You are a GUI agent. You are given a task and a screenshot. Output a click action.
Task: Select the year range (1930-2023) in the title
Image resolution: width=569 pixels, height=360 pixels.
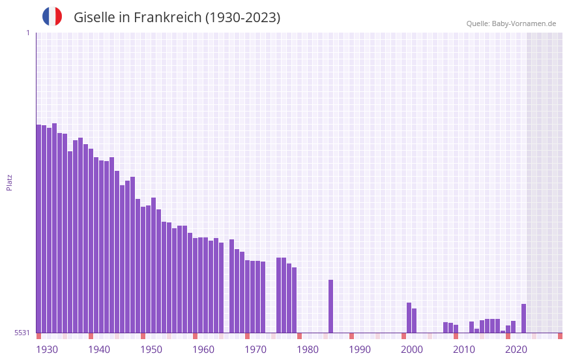click(242, 18)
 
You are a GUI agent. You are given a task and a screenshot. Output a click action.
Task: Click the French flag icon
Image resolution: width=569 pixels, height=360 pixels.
click(52, 16)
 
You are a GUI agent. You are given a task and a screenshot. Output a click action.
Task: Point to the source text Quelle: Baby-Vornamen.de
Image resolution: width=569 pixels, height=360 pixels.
click(511, 23)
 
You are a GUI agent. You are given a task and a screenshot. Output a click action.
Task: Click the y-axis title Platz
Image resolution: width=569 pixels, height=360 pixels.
click(9, 182)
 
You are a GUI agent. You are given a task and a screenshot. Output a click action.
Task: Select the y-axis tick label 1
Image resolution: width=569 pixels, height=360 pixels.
click(27, 33)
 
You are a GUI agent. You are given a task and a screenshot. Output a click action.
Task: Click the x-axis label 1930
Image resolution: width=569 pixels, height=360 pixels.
click(47, 350)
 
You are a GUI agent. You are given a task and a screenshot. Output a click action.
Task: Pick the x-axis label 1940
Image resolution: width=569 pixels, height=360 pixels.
click(99, 350)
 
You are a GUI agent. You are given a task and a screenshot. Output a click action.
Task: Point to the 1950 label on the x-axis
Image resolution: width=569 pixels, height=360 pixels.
click(151, 350)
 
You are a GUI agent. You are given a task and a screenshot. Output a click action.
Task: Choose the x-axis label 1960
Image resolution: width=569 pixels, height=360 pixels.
click(203, 350)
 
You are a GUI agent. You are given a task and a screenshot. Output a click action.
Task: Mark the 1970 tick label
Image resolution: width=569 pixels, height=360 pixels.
click(255, 350)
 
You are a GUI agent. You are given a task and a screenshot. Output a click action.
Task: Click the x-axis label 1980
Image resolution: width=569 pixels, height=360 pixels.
click(308, 350)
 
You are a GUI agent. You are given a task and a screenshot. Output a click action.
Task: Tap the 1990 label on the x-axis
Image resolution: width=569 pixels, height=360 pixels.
click(360, 350)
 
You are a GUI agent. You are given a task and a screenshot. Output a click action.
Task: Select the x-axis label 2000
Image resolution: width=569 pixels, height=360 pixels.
click(412, 350)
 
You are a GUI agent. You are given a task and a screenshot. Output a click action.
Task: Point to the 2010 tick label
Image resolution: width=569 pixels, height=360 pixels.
click(464, 350)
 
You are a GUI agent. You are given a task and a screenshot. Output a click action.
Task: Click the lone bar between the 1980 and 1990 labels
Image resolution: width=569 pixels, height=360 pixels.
click(331, 306)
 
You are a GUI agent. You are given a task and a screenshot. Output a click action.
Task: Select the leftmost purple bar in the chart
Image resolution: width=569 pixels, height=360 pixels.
click(38, 228)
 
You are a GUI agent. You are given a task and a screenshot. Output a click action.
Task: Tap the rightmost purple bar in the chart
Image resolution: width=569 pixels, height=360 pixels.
click(523, 318)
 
